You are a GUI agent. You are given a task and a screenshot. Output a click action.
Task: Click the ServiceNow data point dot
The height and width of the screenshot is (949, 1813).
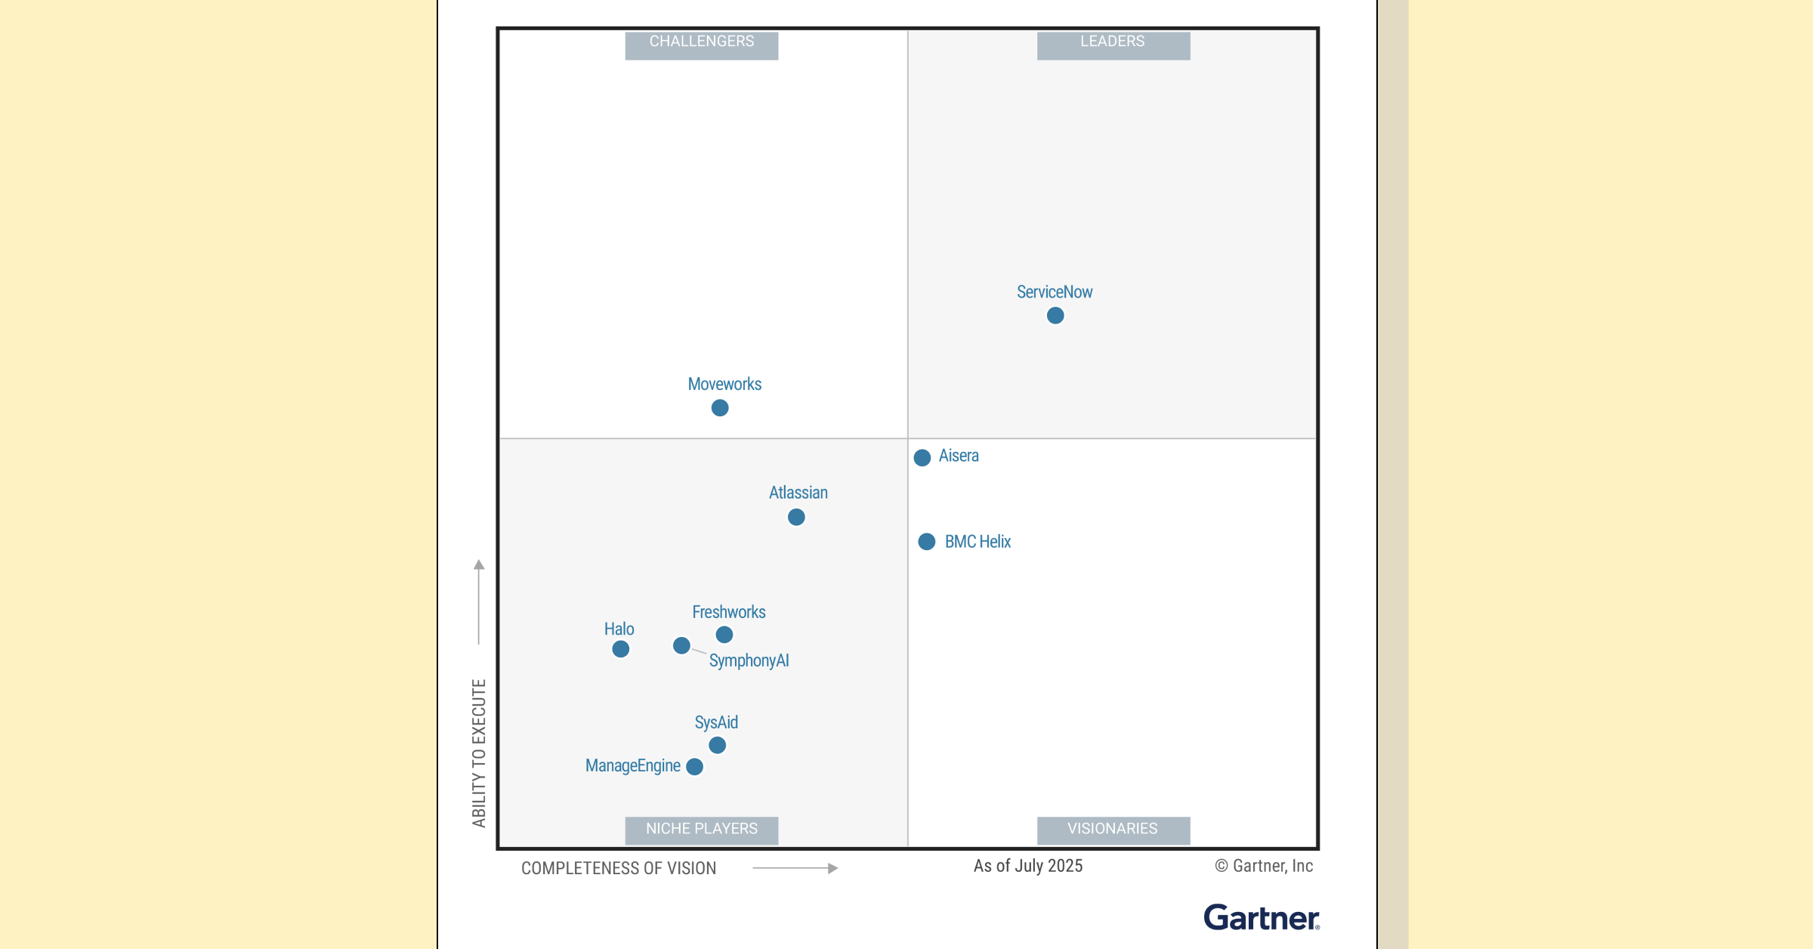point(1055,316)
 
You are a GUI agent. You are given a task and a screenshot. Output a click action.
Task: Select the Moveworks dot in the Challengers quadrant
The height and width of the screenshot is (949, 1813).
point(720,408)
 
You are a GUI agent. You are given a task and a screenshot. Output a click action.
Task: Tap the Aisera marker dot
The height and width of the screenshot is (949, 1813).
point(922,458)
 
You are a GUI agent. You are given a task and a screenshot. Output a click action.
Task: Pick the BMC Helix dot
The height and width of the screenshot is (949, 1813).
point(927,542)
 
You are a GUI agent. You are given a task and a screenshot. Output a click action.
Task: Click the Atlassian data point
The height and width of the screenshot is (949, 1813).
point(796,518)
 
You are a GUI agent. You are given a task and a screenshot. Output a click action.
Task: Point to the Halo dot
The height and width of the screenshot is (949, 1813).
point(621,649)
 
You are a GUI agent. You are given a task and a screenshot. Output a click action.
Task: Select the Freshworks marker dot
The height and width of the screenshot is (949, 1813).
point(724,635)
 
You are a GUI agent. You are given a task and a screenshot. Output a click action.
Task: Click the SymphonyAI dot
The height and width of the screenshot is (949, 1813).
point(681,646)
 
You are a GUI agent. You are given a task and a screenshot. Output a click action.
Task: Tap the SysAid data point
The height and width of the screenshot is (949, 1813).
point(718,746)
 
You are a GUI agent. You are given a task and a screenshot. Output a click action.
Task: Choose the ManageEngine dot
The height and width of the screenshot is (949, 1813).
point(695,767)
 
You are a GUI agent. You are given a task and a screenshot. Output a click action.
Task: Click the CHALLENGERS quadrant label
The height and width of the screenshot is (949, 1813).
point(702,43)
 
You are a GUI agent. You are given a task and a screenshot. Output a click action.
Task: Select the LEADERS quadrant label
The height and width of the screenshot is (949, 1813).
point(1113,43)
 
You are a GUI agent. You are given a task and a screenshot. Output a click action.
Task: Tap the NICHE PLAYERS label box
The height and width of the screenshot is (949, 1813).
point(702,830)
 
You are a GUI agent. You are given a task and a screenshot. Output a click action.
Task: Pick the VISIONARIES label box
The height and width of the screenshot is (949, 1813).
point(1113,830)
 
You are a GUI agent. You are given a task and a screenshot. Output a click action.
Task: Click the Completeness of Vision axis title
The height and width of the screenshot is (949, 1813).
point(619,869)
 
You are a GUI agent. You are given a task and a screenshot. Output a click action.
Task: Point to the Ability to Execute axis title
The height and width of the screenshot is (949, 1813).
point(479,753)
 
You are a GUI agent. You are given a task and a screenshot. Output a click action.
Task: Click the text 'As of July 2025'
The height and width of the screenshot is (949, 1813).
point(1028,867)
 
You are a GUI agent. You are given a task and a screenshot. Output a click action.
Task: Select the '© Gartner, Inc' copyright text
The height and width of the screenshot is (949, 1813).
point(1264,867)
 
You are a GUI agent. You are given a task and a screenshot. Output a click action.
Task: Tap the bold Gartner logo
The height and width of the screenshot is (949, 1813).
point(1262,918)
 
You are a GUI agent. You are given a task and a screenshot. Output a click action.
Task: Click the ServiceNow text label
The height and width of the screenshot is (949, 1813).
point(1055,292)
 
